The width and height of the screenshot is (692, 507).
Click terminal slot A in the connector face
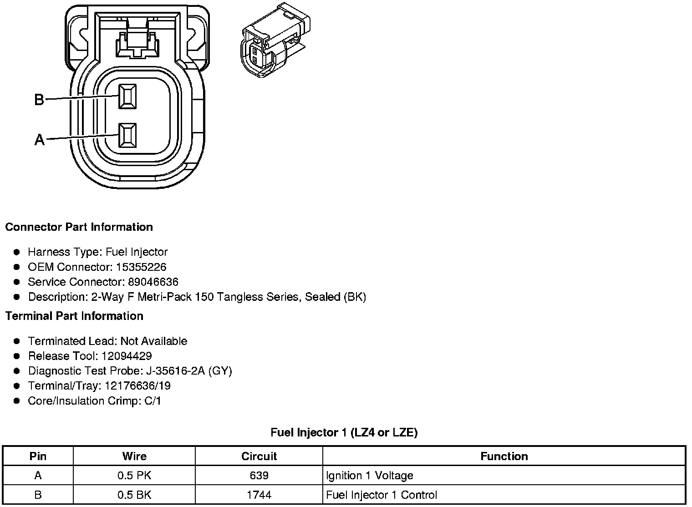click(127, 135)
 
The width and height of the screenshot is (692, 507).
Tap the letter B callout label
click(40, 99)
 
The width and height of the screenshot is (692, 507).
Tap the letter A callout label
click(40, 140)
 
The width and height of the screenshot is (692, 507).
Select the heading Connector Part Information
click(79, 227)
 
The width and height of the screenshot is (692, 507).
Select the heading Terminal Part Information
click(74, 316)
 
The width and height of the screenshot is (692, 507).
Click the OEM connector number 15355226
click(141, 267)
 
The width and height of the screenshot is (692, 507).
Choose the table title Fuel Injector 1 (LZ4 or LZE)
click(344, 432)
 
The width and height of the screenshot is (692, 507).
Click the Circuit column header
click(259, 456)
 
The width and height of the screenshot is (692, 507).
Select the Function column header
click(504, 456)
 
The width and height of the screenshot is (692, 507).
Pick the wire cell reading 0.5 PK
click(134, 476)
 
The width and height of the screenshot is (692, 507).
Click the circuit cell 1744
click(259, 495)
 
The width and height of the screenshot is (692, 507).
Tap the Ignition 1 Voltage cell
click(370, 476)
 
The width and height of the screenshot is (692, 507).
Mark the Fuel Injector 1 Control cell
click(382, 495)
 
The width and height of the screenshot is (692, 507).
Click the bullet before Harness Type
click(17, 252)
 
